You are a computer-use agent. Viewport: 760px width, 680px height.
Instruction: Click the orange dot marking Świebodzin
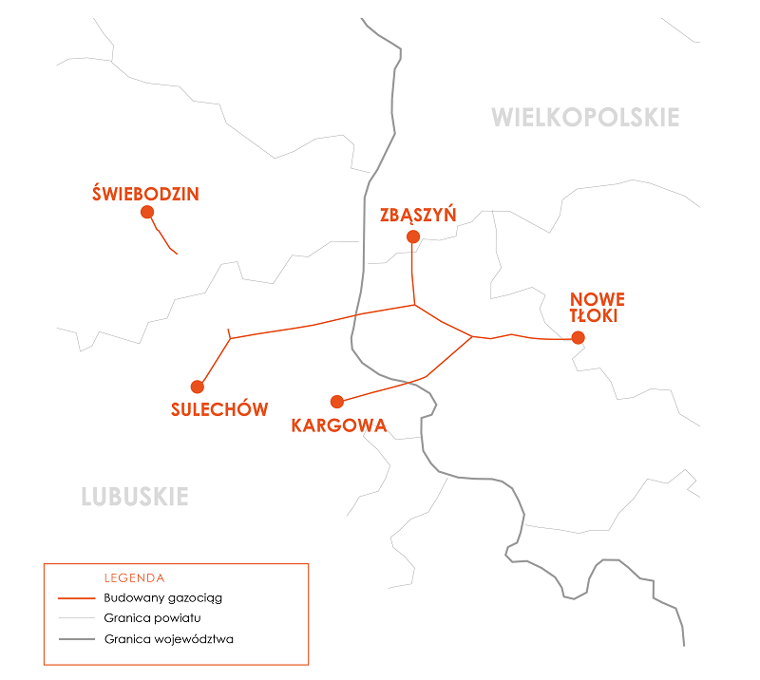[147, 212]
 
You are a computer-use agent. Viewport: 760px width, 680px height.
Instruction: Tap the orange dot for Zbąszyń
[412, 236]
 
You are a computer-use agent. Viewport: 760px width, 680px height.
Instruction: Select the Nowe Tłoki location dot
[578, 337]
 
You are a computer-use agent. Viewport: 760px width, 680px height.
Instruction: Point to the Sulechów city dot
[198, 387]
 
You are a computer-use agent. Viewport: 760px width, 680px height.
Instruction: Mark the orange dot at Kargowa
[336, 402]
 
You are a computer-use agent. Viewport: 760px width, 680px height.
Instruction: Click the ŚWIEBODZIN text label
[145, 194]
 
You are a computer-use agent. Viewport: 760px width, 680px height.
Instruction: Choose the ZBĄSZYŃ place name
[418, 215]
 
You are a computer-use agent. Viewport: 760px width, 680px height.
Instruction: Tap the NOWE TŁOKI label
[597, 309]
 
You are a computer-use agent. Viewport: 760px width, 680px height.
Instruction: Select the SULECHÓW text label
[219, 409]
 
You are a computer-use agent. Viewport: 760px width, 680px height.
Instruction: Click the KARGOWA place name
[339, 425]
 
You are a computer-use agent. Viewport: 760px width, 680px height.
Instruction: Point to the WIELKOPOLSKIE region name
[585, 118]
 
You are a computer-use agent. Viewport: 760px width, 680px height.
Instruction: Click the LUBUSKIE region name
[135, 497]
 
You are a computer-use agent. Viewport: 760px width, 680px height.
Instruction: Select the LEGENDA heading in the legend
[134, 577]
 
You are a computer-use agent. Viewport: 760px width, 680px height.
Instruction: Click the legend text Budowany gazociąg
[162, 598]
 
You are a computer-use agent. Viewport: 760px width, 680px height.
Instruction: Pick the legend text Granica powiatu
[152, 618]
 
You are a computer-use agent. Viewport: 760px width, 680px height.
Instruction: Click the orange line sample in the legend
[76, 599]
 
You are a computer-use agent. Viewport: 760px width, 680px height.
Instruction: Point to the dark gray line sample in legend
[76, 639]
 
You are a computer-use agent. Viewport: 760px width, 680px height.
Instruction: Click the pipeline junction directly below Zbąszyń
[414, 305]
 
